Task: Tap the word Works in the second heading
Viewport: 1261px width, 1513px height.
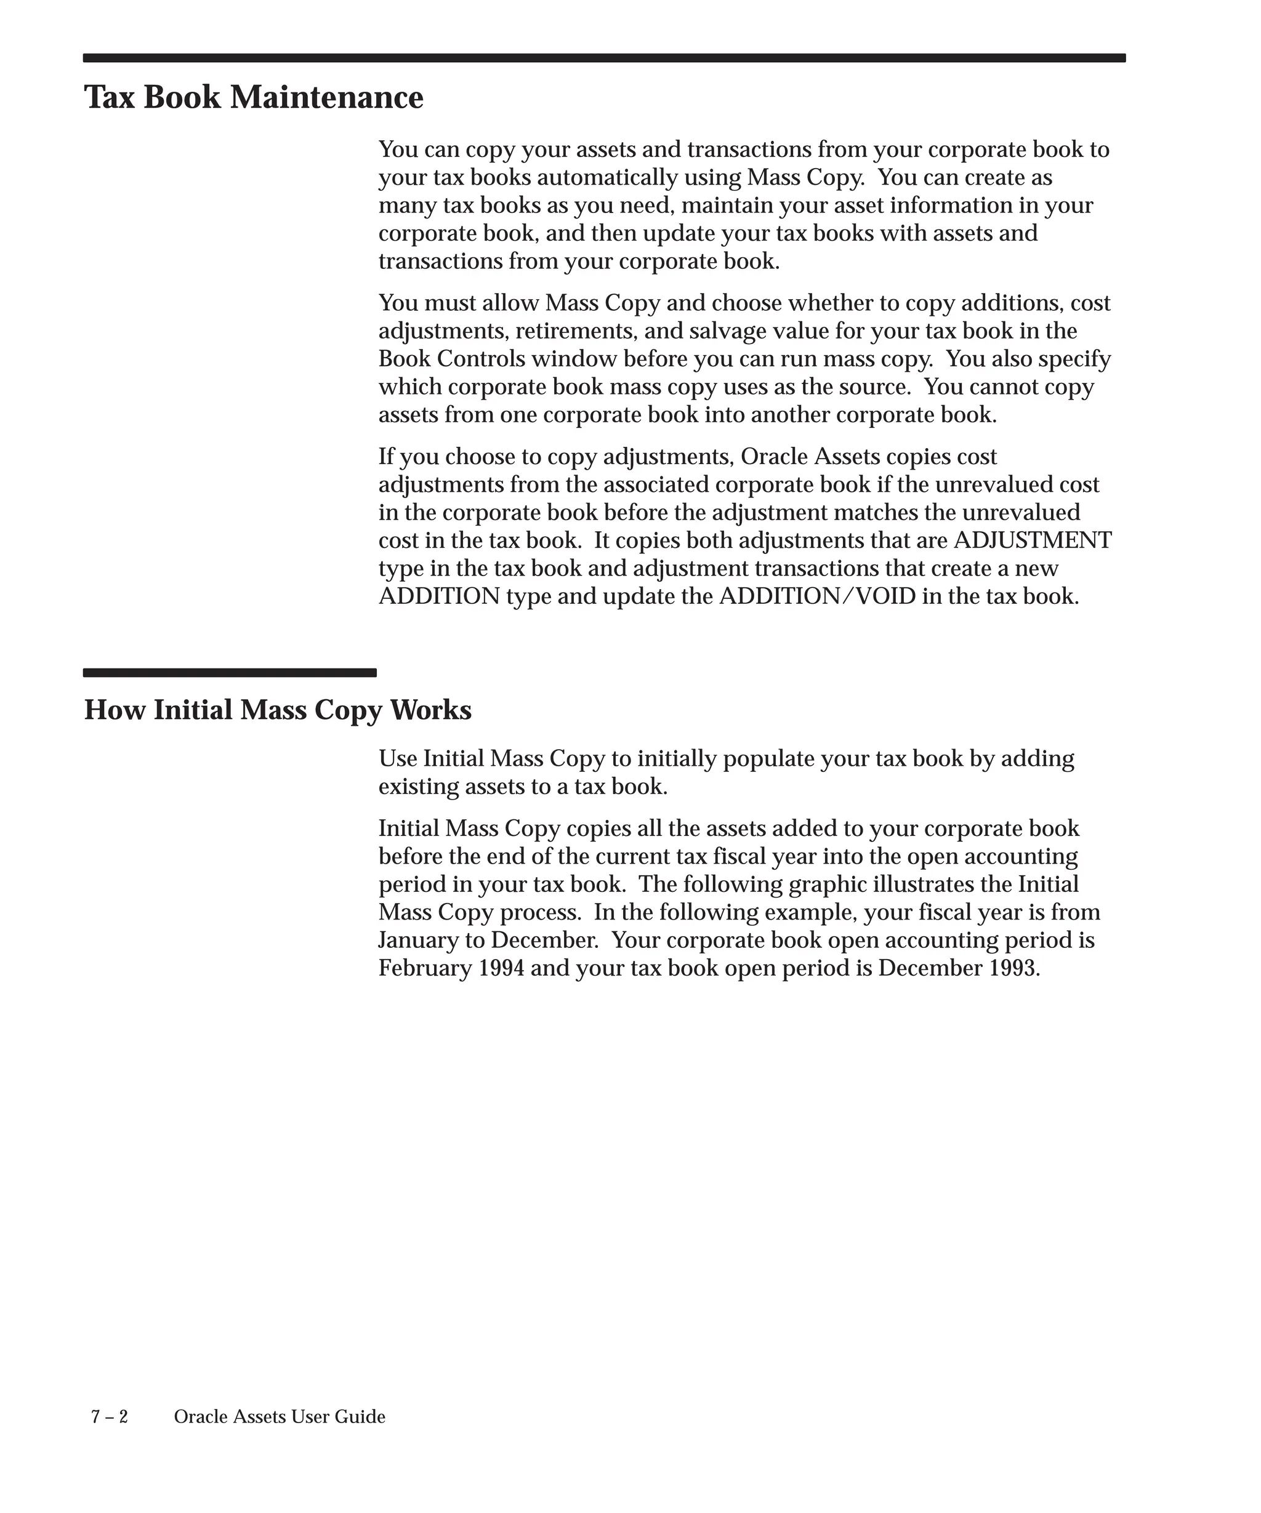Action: pos(431,710)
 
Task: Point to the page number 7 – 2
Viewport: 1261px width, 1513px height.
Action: pos(110,1416)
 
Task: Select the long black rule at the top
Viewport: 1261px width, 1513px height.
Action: pos(604,58)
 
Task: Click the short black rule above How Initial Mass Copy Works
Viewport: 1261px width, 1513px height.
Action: pos(229,673)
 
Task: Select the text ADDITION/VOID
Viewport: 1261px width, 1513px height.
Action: pos(818,596)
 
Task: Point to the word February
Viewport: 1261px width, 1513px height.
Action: pos(425,968)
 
